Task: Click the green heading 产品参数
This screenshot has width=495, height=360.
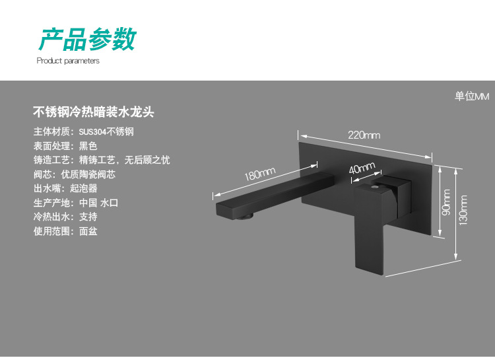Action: pyautogui.click(x=86, y=39)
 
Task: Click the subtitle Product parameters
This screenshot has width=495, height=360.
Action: pyautogui.click(x=68, y=61)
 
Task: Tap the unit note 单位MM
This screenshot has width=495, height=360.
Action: pyautogui.click(x=471, y=96)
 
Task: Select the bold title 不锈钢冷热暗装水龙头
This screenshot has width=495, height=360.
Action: pyautogui.click(x=94, y=112)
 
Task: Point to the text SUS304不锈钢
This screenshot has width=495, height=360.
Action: pyautogui.click(x=106, y=131)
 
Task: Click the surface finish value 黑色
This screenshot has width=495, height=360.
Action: pyautogui.click(x=88, y=145)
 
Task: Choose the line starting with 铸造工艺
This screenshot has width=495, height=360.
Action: pyautogui.click(x=102, y=160)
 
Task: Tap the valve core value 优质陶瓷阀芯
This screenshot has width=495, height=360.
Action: pyautogui.click(x=97, y=174)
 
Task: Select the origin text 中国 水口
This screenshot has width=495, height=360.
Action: pyautogui.click(x=98, y=203)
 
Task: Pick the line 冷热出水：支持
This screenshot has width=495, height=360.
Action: pyautogui.click(x=65, y=217)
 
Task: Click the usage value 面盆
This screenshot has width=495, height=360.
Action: pyautogui.click(x=88, y=231)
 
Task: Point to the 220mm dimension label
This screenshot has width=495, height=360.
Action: pyautogui.click(x=364, y=135)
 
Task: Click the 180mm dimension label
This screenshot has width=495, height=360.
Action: pyautogui.click(x=259, y=175)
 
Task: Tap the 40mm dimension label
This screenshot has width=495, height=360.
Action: pyautogui.click(x=362, y=168)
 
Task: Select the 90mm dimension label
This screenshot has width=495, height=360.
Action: pyautogui.click(x=446, y=202)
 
